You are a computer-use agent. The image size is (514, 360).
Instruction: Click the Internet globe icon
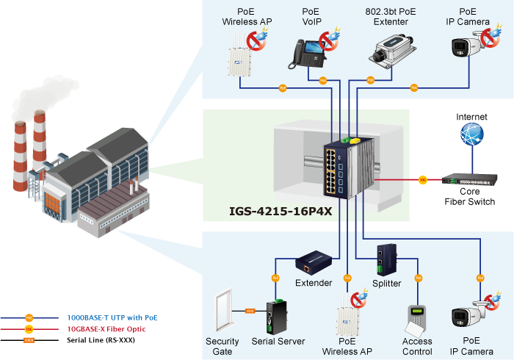pos(471,134)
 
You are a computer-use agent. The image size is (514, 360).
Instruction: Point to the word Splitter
pos(386,283)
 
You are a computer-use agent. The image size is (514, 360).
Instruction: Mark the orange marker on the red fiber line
pos(423,179)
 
